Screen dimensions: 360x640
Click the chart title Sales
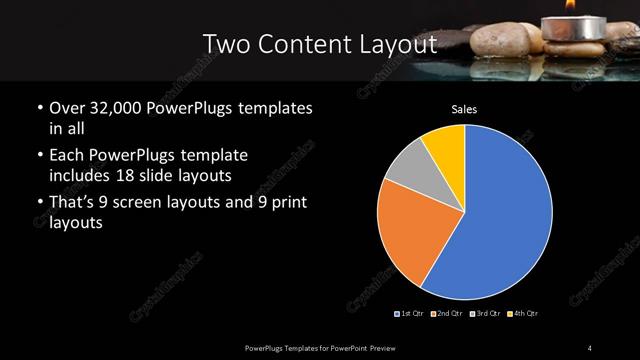[464, 108]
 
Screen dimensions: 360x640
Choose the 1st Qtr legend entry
[413, 314]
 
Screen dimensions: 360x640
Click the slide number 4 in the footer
[591, 347]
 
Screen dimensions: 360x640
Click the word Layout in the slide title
[397, 45]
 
